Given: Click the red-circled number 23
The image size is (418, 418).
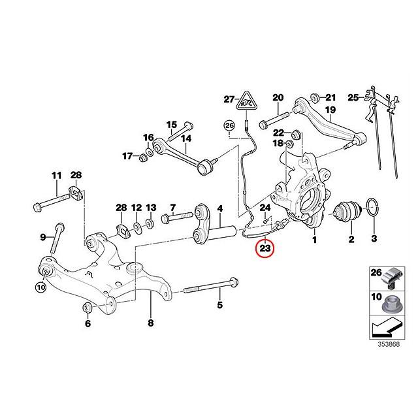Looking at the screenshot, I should pos(265,248).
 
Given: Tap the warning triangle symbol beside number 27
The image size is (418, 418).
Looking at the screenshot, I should pos(246,100).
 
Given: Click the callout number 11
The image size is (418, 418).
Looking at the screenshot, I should pos(56,175).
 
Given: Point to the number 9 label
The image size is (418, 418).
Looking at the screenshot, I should pos(43,236).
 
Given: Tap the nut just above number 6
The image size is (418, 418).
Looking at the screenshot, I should pos(88,307).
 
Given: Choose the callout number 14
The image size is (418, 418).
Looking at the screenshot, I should pos(185,138).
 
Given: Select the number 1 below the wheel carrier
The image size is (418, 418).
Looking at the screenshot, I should pos(314,240).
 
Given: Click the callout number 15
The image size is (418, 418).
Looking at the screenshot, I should pos(171,124).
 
